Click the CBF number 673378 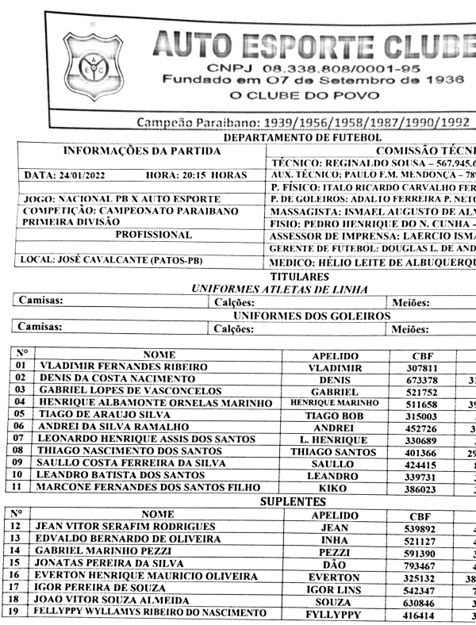pos(420,379)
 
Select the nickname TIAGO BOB pos(334,416)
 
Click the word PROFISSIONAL pos(154,236)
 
